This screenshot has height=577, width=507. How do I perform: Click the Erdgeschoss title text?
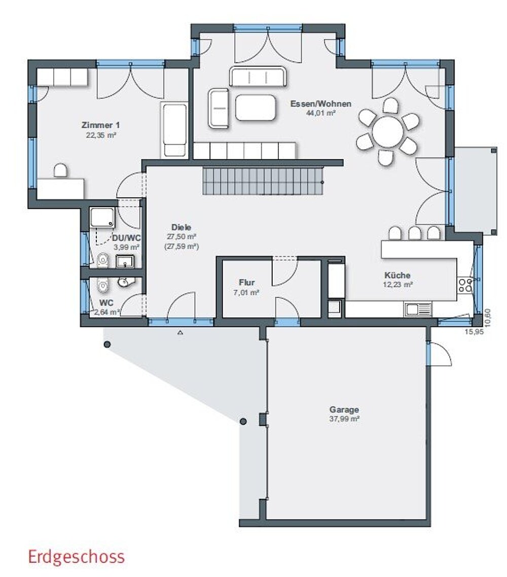77,557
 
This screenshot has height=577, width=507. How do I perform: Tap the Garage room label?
344,410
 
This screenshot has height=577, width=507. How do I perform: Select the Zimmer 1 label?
101,125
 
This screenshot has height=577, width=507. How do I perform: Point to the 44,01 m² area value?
321,113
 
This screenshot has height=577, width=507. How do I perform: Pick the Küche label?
397,275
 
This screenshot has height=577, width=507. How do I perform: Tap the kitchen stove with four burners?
465,285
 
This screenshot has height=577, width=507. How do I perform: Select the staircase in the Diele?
263,181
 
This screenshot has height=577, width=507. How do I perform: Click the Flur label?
247,283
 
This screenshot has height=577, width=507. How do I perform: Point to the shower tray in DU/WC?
102,218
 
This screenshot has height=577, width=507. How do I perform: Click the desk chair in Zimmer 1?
61,171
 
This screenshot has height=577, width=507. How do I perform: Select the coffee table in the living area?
256,108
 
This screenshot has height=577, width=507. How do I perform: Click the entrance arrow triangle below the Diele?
180,333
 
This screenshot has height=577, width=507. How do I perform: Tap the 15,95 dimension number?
474,331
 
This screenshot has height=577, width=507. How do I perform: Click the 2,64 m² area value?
107,313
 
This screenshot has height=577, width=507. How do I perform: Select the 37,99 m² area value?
344,419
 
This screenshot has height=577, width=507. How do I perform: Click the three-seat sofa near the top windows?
258,76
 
